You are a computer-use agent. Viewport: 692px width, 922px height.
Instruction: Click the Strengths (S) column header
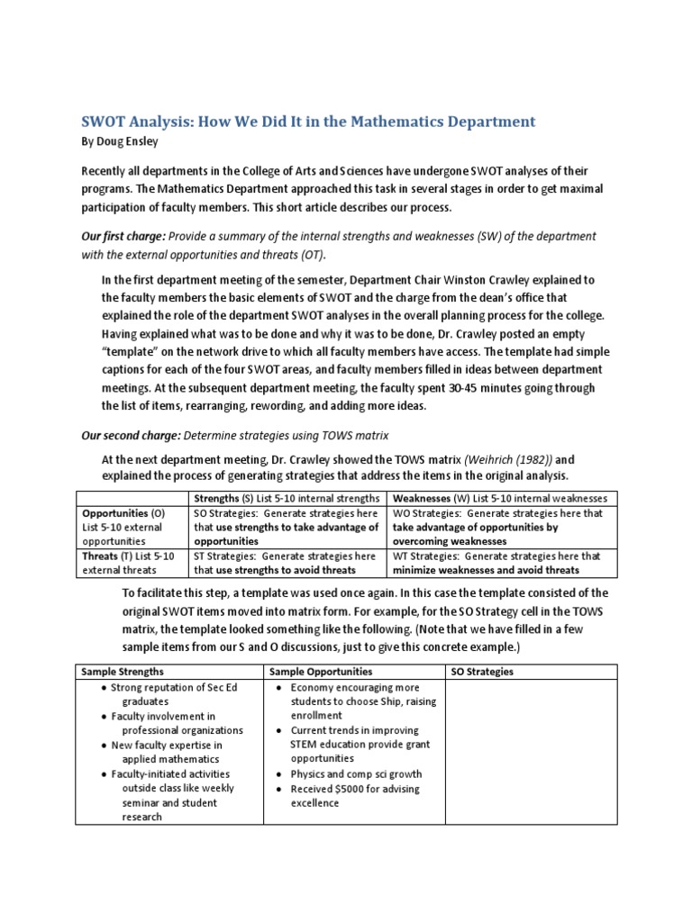(287, 499)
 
